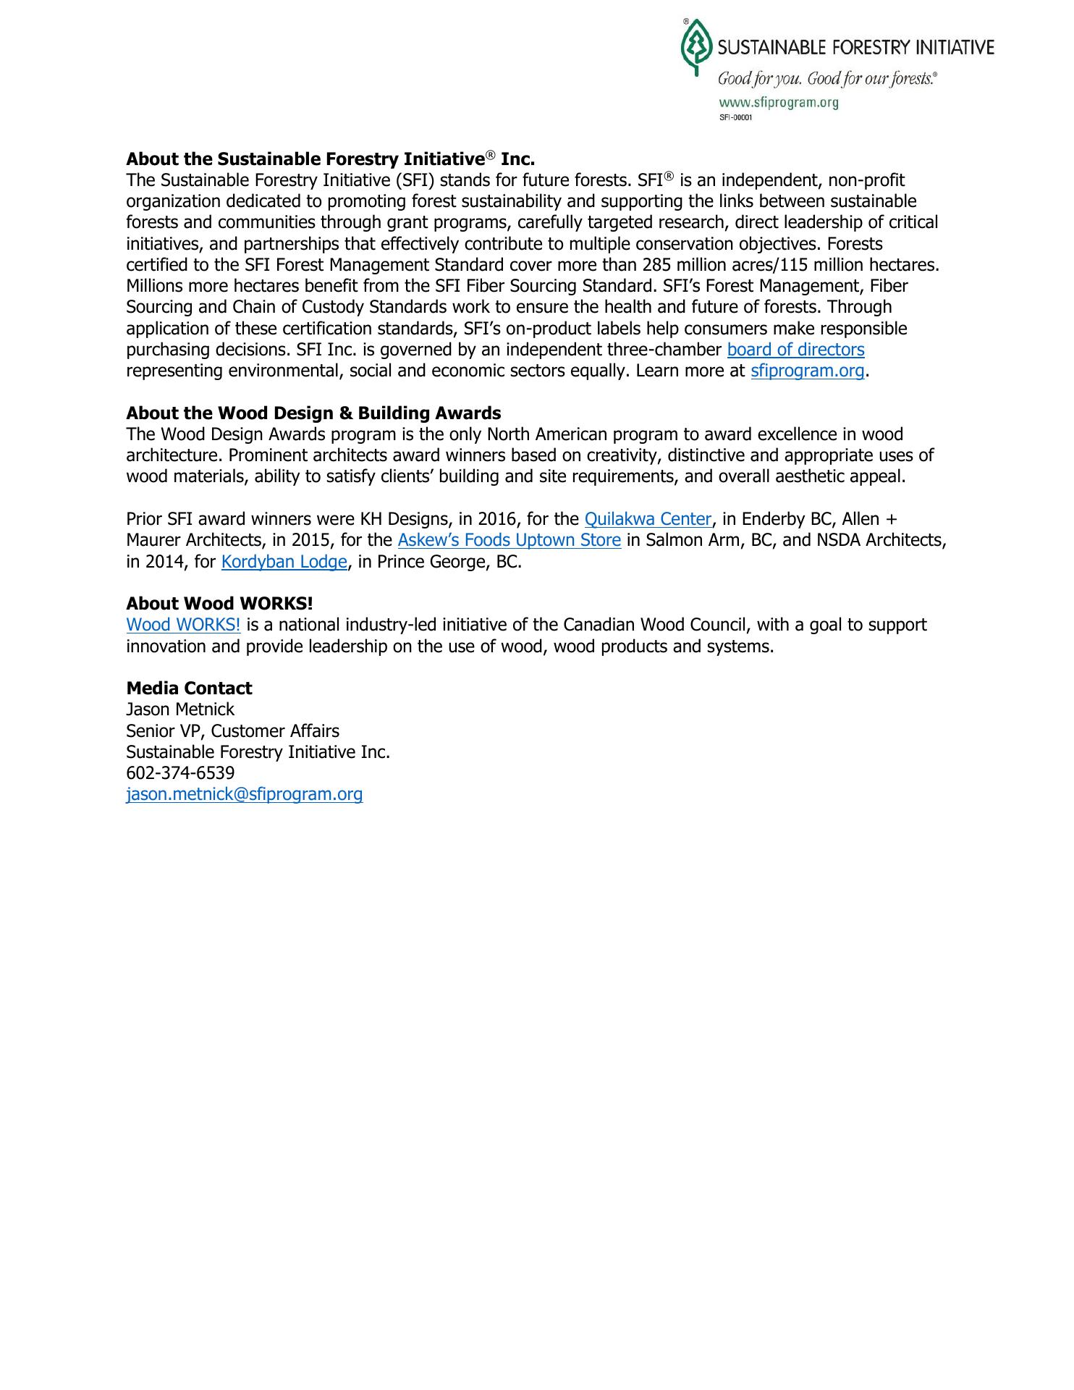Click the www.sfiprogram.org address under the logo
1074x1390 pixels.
778,102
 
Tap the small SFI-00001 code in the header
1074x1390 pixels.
735,117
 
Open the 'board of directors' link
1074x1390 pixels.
795,350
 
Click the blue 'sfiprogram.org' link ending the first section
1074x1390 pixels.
807,371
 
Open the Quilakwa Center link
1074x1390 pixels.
648,519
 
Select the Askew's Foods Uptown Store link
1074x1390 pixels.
509,540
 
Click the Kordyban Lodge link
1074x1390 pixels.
284,562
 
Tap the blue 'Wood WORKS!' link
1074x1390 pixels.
183,625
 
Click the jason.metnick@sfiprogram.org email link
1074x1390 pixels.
244,794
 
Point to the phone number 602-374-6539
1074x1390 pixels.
180,773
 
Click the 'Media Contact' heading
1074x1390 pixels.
189,688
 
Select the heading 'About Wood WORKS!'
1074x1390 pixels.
219,604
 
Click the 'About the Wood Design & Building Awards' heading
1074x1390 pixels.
313,413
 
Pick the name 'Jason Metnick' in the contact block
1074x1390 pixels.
180,709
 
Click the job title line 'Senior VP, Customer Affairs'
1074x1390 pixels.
232,731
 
